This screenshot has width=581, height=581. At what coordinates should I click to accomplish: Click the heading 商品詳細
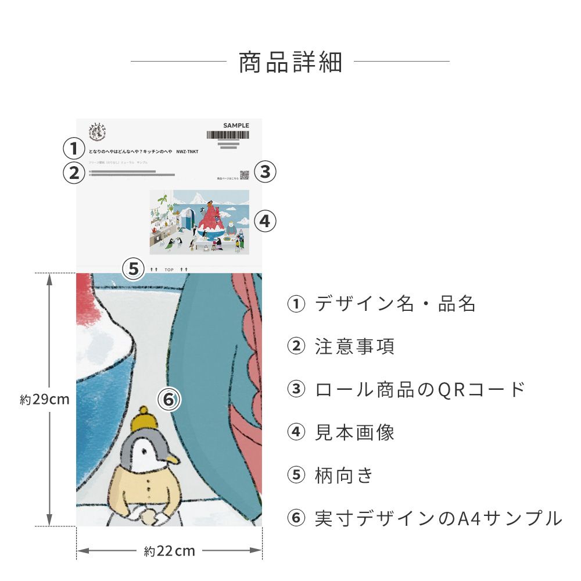click(x=290, y=62)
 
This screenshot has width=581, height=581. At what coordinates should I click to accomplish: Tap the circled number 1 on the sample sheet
click(x=74, y=149)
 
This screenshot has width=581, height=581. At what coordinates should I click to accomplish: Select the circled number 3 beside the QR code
click(x=265, y=172)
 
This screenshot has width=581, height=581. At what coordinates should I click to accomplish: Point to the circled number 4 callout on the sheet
click(x=265, y=221)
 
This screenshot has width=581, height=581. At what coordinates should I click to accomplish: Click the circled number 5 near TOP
click(x=134, y=269)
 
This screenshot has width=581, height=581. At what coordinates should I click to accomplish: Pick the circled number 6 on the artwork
click(x=169, y=399)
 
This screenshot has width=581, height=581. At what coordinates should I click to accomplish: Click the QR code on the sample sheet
click(x=244, y=175)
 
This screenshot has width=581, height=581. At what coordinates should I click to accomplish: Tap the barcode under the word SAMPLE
click(x=227, y=135)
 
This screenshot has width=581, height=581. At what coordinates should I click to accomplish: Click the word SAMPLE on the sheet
click(x=236, y=125)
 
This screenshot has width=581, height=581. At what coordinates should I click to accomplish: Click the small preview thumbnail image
click(x=199, y=222)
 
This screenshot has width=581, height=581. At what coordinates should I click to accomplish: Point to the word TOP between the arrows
click(x=169, y=270)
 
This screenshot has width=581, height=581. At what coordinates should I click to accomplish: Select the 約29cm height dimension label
click(x=45, y=400)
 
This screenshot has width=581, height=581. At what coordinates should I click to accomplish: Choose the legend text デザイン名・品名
click(x=395, y=304)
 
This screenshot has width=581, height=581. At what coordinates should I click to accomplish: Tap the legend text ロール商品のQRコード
click(x=420, y=389)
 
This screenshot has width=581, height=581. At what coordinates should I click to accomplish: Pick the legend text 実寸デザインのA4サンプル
click(x=439, y=518)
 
